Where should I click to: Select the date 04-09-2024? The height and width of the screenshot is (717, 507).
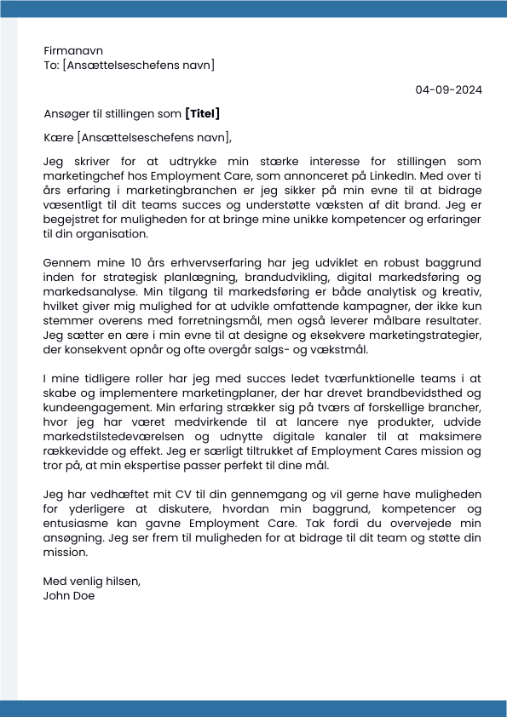448,89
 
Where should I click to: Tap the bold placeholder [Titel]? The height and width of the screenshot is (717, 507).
203,113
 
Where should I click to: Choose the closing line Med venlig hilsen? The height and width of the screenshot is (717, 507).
91,582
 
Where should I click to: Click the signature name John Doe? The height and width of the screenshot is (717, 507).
68,596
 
